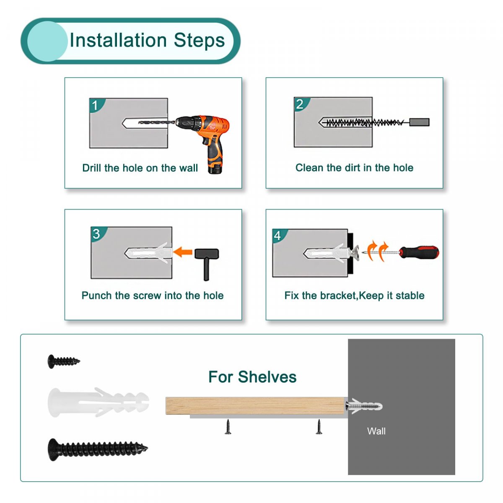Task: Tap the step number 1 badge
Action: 96,105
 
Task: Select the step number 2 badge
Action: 300,104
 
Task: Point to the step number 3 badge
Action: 97,233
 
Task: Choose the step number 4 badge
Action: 278,236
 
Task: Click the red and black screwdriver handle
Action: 419,252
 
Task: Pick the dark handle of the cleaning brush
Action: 419,122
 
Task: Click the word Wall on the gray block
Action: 376,431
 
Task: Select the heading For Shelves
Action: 252,377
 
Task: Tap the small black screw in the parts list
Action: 63,361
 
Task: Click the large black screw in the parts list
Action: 98,449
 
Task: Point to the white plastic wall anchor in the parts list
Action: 98,402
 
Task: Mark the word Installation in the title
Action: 118,41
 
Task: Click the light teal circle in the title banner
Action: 47,41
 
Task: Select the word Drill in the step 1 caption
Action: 92,168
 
